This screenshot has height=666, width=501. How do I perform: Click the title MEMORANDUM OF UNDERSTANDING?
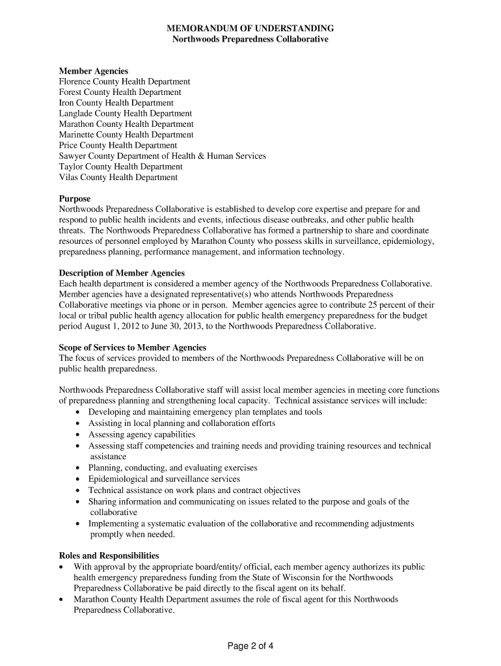(x=251, y=29)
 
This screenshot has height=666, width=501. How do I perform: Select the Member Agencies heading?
(x=93, y=71)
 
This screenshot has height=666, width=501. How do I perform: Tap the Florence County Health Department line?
(x=124, y=82)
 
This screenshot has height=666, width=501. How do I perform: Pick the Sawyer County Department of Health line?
(x=162, y=156)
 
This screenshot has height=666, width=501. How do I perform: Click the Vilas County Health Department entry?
(x=118, y=177)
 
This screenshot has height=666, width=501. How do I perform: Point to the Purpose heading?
(x=75, y=198)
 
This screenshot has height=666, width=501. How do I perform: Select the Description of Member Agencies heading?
(x=122, y=273)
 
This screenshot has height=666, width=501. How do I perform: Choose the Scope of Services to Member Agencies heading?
(x=132, y=347)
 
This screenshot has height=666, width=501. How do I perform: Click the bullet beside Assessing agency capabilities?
(x=79, y=434)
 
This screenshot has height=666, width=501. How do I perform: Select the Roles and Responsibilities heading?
(x=109, y=555)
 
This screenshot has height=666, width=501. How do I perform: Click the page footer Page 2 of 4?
(x=251, y=646)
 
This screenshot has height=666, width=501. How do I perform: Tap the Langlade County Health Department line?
(x=125, y=114)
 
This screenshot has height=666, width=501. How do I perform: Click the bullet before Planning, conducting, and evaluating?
(x=79, y=468)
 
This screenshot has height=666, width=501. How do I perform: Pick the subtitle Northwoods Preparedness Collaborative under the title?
(x=251, y=40)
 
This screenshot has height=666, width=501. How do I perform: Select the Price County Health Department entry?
(x=118, y=146)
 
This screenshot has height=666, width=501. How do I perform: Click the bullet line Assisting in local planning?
(x=182, y=423)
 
